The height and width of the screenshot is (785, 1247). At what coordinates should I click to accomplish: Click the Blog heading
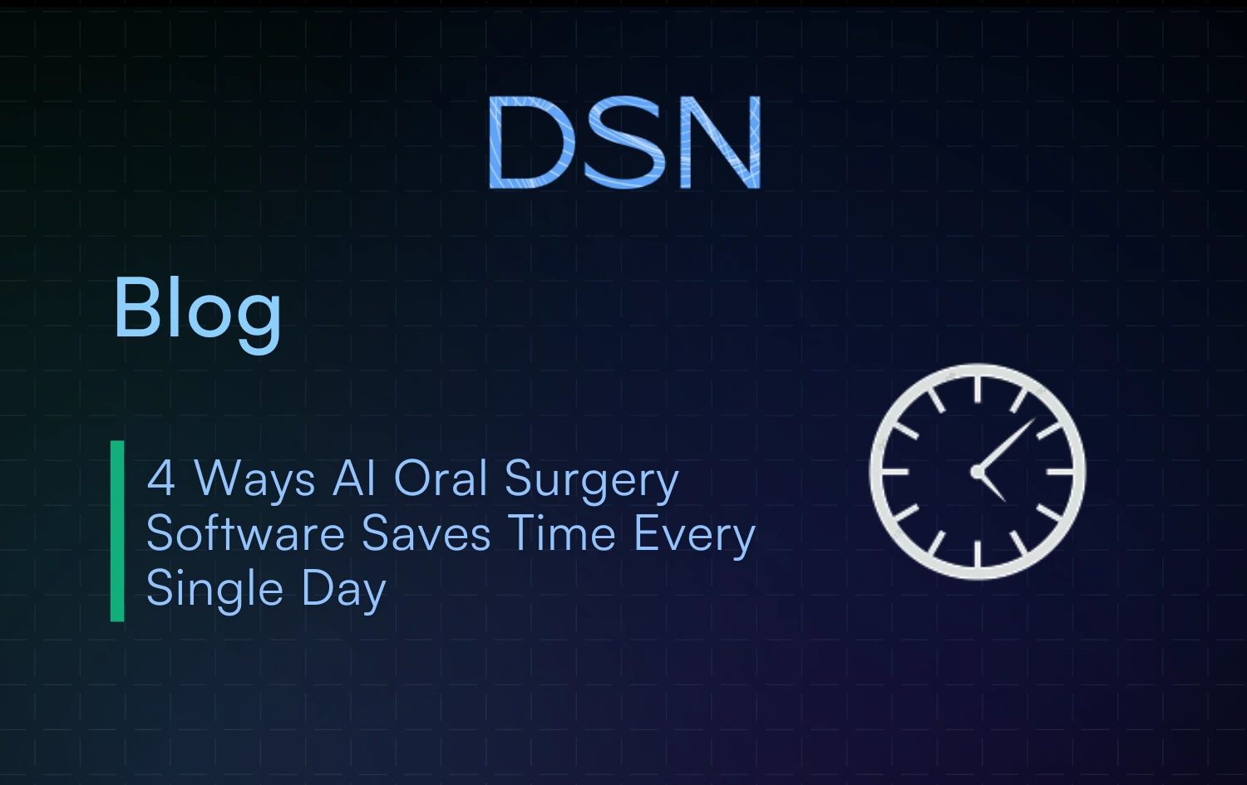[x=197, y=309]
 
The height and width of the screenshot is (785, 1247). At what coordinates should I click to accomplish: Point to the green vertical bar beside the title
[x=117, y=531]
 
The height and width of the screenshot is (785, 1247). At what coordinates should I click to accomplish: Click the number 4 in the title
[x=160, y=478]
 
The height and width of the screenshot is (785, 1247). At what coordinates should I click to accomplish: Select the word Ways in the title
[x=254, y=480]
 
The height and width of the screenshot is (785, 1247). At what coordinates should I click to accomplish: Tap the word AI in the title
[x=354, y=478]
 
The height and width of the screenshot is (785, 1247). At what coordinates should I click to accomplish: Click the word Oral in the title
[x=440, y=478]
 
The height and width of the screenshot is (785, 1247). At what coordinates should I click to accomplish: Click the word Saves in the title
[x=426, y=533]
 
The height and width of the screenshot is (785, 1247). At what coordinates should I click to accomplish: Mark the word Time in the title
[x=562, y=533]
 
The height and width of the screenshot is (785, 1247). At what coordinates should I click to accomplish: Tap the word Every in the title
[x=694, y=535]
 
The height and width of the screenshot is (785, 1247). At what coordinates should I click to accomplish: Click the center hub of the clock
[x=978, y=472]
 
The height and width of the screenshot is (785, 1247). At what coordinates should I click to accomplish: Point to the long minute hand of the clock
[x=1007, y=444]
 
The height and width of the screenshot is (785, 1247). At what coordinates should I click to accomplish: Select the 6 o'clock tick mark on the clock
[x=978, y=554]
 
